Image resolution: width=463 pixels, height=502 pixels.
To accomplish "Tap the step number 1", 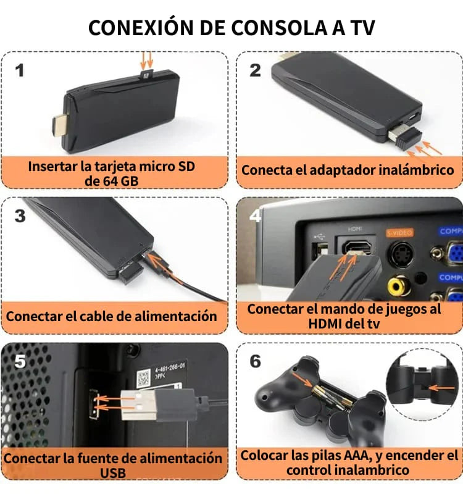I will [x=20, y=71].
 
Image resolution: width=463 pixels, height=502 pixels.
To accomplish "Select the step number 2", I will [x=256, y=70].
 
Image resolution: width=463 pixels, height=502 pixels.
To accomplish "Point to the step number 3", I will [x=20, y=216].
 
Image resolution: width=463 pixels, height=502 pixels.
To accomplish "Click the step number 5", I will [x=20, y=361].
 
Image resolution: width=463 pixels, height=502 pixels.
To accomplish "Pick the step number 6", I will [x=256, y=361].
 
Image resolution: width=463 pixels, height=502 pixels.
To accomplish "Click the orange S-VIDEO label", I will [x=401, y=232].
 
